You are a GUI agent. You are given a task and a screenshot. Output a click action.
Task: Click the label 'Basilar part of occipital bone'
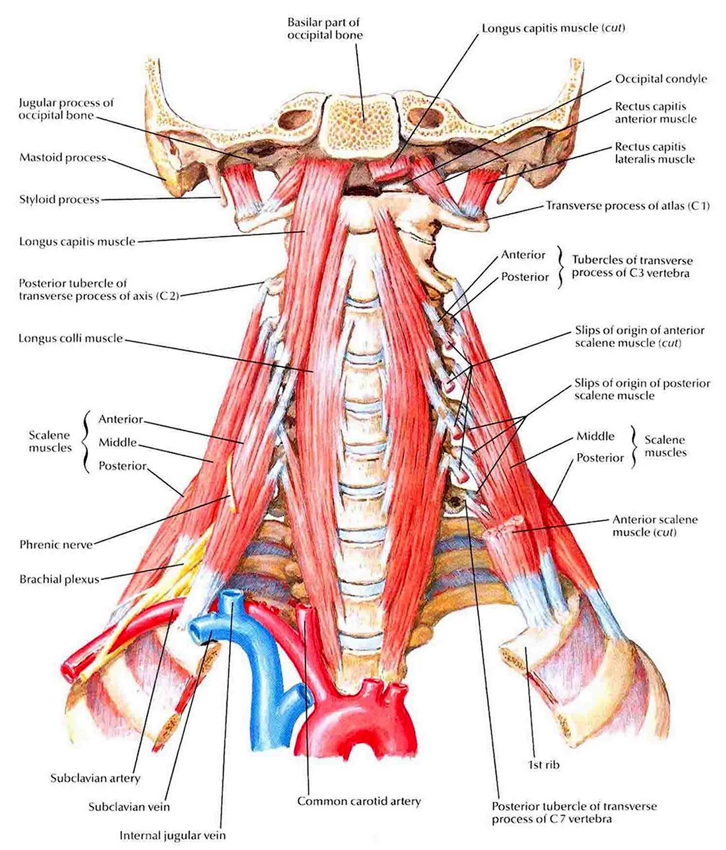coord(325,28)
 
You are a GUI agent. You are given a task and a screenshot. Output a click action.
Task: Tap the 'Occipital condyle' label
coord(661,79)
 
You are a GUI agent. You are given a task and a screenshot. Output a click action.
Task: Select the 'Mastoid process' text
coord(63,158)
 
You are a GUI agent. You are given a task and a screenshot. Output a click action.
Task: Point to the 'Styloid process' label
coord(59,199)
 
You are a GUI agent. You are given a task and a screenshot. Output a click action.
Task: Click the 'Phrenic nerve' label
coord(56,544)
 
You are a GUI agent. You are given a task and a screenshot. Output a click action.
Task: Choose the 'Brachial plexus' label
coord(59,579)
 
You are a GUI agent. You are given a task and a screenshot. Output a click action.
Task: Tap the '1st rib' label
coord(543,764)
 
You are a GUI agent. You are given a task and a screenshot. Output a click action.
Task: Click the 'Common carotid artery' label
coord(359,801)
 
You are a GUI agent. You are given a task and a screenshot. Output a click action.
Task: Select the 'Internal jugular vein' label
coord(172,835)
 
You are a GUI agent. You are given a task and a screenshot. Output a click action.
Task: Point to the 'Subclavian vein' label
coord(129,806)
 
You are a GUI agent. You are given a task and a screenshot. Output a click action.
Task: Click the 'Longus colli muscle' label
coord(71,338)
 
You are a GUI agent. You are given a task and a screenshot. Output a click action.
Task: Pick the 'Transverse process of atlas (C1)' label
coord(628,206)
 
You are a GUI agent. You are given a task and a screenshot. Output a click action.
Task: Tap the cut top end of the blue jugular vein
coord(232,595)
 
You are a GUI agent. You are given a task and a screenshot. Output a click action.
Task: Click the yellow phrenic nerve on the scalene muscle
coord(231,485)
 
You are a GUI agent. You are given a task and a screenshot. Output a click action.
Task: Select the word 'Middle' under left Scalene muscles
coord(117,442)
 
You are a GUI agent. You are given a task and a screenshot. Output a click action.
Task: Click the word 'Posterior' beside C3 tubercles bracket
coord(525,277)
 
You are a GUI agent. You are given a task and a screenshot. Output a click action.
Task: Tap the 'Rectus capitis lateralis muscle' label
coord(655,152)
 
